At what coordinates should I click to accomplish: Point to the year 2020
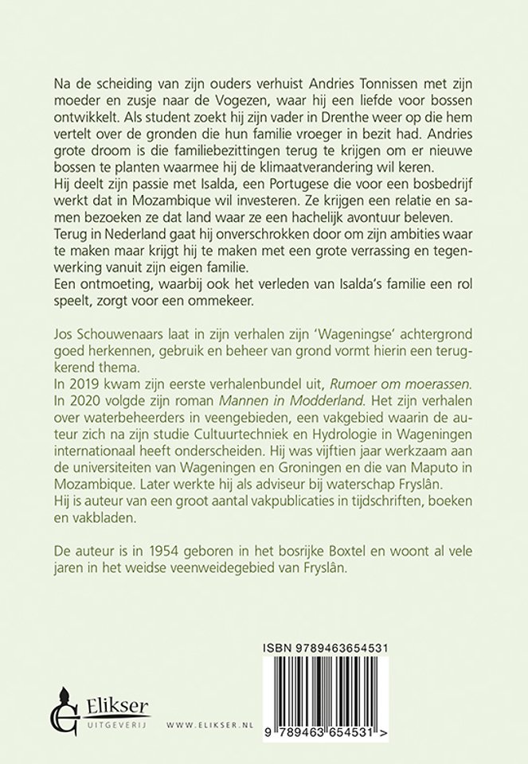pyautogui.click(x=76, y=392)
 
